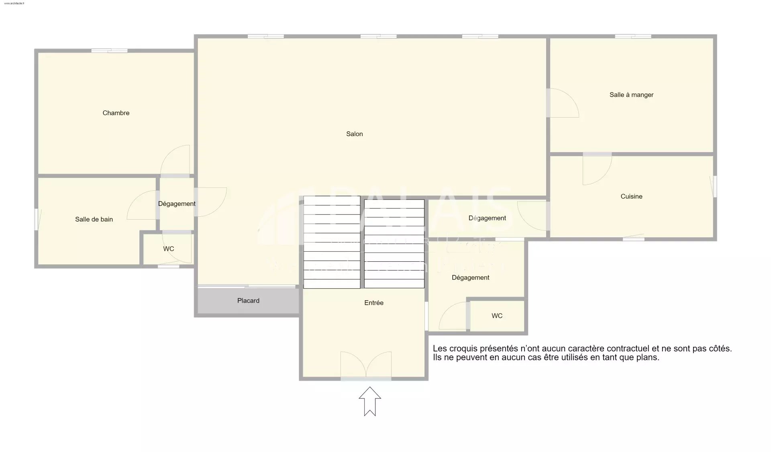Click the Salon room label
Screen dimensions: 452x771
(354, 134)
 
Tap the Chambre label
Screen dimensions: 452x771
(116, 113)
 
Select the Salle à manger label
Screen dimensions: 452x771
(631, 95)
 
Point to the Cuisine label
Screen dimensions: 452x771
(631, 196)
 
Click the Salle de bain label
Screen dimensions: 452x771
(94, 219)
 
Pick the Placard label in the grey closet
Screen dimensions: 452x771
(248, 301)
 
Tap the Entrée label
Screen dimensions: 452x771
(373, 303)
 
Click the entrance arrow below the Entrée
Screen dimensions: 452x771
(369, 401)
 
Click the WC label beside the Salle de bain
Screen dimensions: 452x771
(168, 249)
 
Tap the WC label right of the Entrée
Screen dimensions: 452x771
(497, 316)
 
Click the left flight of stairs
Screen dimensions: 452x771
(332, 242)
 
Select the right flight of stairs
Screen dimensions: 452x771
(394, 244)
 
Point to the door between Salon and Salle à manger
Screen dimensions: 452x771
(562, 103)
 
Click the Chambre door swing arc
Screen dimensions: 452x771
(175, 160)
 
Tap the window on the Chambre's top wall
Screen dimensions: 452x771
(109, 51)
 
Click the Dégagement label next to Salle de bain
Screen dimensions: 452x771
(177, 204)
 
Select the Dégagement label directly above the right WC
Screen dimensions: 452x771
(470, 278)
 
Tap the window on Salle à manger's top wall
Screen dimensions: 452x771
(633, 37)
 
